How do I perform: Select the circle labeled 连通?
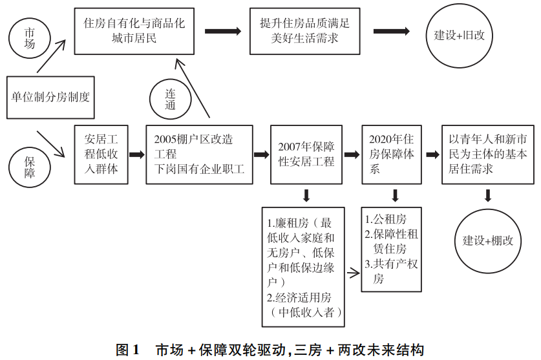click(171, 98)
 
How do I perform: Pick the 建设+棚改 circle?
click(488, 240)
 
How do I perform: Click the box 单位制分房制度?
click(50, 98)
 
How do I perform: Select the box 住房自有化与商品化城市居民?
click(134, 31)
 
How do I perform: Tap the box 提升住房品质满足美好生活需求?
click(301, 31)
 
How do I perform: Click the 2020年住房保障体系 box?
click(392, 154)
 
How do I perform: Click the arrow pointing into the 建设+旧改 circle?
click(391, 31)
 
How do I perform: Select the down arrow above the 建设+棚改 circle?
click(488, 195)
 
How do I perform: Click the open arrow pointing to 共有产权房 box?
click(353, 273)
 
